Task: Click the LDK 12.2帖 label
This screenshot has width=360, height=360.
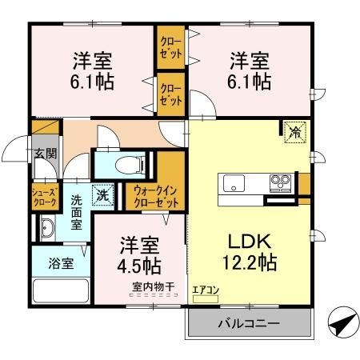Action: [x=248, y=250]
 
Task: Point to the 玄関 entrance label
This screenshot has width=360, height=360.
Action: [x=45, y=153]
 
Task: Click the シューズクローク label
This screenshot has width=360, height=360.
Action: [x=45, y=196]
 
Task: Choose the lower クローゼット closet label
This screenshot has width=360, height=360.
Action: [x=170, y=93]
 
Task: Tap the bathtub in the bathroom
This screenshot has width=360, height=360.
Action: [x=61, y=290]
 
